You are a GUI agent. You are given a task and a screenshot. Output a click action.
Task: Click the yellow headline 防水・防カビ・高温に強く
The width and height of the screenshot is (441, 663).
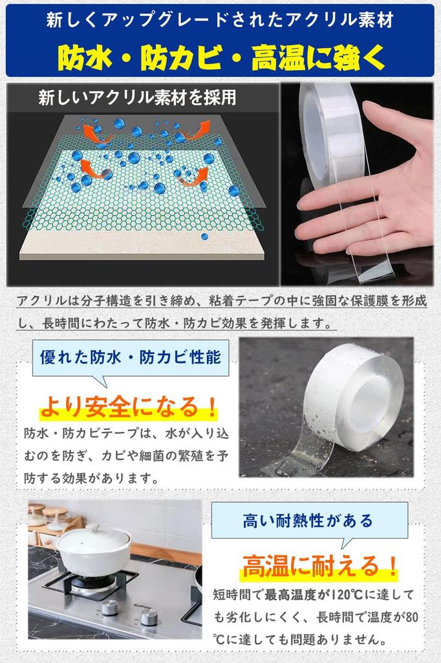click(221, 58)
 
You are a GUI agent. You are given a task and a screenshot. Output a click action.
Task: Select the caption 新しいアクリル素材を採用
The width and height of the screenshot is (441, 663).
click(137, 98)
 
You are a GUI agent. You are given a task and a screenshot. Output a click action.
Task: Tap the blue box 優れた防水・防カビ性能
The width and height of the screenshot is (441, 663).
click(130, 356)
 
